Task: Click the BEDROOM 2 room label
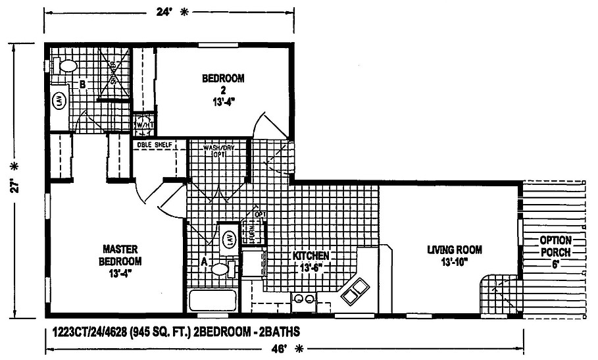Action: pyautogui.click(x=223, y=89)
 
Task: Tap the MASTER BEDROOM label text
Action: pyautogui.click(x=120, y=260)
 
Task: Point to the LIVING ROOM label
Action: pyautogui.click(x=455, y=256)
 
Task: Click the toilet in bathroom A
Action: pyautogui.click(x=219, y=269)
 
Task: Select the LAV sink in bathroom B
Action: pyautogui.click(x=59, y=101)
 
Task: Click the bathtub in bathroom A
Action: pyautogui.click(x=212, y=301)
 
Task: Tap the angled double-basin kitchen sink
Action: pyautogui.click(x=355, y=290)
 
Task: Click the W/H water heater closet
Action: pyautogui.click(x=143, y=124)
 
